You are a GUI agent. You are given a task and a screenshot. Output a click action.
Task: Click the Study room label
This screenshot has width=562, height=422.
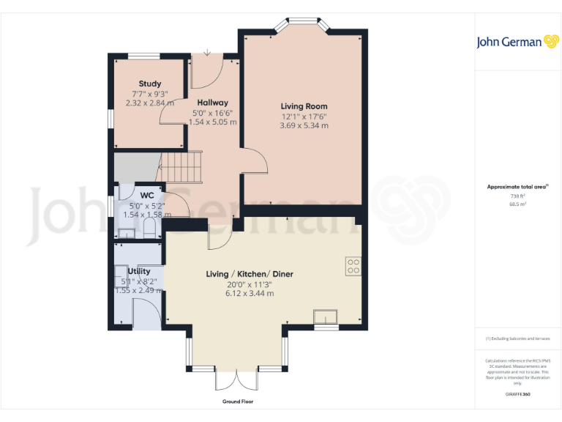[x=150, y=84]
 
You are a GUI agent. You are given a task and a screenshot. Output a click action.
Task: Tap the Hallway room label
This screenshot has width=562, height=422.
[x=212, y=103]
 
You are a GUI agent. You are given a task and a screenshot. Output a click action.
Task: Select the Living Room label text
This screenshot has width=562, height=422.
[x=304, y=106]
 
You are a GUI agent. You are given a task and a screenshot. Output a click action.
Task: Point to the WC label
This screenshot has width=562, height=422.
[x=146, y=196]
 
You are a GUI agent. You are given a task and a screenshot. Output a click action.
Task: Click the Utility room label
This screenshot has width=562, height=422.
[x=139, y=271]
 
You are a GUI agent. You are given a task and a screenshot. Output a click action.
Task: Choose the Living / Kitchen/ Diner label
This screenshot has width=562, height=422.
[x=250, y=274]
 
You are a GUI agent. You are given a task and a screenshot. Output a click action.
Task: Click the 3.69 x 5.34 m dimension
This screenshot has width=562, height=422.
[x=304, y=126]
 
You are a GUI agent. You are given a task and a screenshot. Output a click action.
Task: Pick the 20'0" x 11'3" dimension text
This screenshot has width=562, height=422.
[x=250, y=284]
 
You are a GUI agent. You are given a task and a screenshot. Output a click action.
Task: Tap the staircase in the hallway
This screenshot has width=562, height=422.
[x=180, y=168]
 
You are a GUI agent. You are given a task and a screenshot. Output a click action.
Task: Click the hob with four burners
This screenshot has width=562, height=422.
[x=353, y=266]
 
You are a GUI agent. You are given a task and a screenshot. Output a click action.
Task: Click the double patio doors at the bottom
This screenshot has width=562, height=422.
[x=236, y=379]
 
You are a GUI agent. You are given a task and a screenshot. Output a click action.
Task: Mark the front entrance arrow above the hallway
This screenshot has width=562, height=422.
[x=208, y=52]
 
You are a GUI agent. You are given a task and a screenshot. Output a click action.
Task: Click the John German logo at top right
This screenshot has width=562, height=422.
[x=517, y=42]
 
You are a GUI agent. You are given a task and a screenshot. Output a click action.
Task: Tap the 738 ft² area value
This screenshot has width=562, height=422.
[x=517, y=196]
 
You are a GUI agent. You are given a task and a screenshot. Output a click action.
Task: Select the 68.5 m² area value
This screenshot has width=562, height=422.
[x=517, y=204]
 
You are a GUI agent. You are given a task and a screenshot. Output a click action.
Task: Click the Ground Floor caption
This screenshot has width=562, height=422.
[x=237, y=402]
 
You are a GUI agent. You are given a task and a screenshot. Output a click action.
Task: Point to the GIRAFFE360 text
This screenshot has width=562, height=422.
[x=517, y=394]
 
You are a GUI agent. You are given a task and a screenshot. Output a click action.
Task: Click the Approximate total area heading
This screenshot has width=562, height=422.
[x=517, y=188]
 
